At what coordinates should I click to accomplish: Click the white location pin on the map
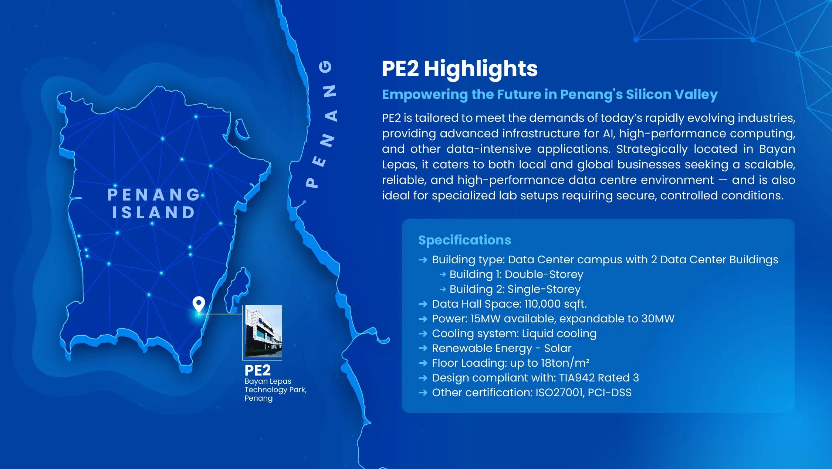(199, 305)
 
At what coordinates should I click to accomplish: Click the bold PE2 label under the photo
(258, 370)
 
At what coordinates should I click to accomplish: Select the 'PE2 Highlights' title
(460, 69)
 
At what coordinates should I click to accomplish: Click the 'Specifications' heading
(465, 240)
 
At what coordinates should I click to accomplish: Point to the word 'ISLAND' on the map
(153, 212)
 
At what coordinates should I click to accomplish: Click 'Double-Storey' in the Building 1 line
(544, 274)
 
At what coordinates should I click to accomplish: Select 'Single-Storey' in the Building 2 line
(544, 289)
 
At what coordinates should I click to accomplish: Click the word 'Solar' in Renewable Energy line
(558, 348)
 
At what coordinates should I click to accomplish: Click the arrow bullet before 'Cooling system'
(423, 333)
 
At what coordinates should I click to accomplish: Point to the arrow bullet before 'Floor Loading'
(423, 363)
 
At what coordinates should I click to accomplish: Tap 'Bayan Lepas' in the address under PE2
(268, 381)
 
